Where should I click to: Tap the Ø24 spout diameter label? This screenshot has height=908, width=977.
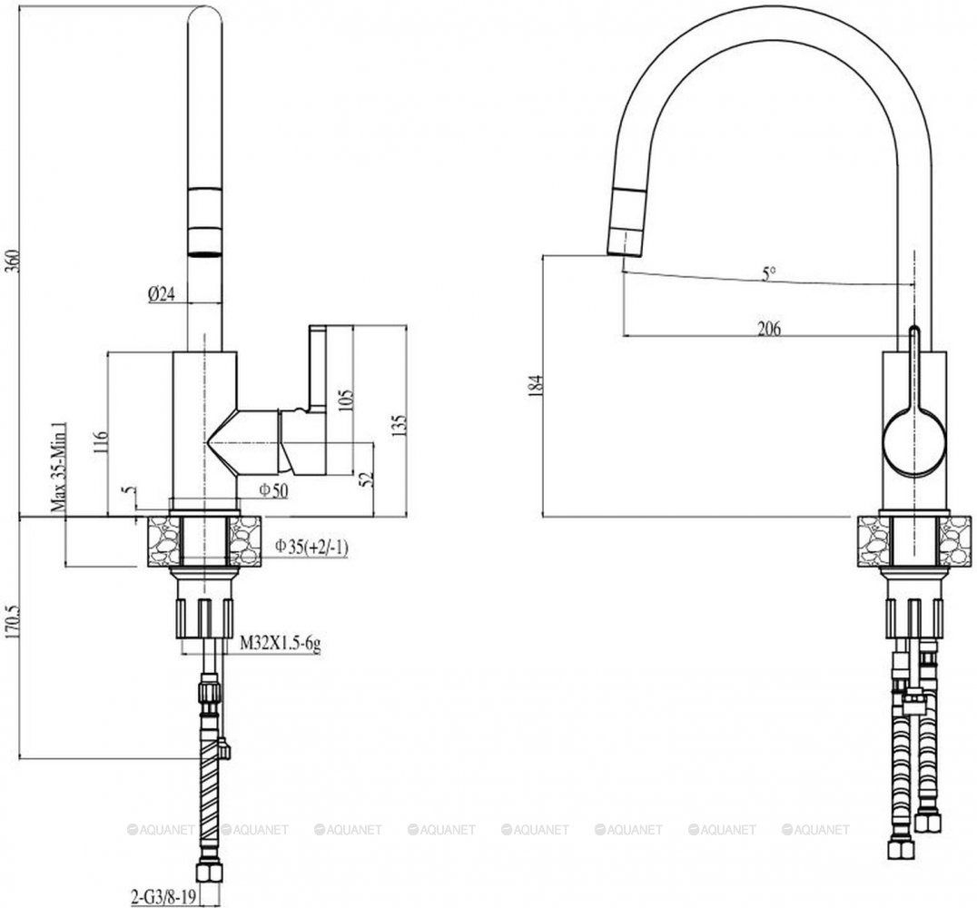point(162,293)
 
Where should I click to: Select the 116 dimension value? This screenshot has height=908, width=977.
point(103,442)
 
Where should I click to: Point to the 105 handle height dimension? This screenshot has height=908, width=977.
point(347,400)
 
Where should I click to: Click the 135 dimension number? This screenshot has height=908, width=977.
point(400,424)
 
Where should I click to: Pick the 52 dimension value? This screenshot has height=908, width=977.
point(367,478)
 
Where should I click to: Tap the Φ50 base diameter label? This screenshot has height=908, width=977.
point(274,490)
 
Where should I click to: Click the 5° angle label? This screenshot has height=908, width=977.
point(769,273)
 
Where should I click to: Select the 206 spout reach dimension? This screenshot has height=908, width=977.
point(769,329)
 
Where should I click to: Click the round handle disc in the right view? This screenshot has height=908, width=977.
point(913,440)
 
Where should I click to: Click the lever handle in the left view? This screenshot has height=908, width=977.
point(317,369)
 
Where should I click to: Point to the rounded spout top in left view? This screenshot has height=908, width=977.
point(205,15)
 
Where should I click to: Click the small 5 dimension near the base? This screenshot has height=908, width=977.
point(129,490)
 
